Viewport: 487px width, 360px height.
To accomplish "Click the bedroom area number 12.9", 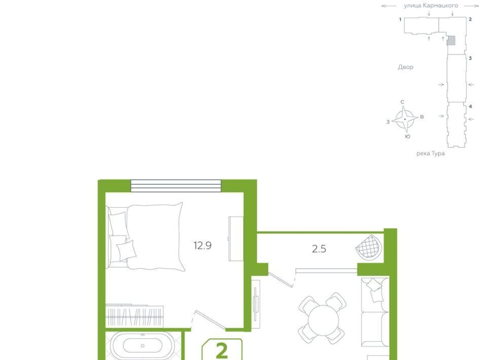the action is point(202,246).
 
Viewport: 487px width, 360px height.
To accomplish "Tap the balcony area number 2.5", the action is point(319,249).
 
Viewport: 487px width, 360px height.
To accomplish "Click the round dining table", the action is point(323,319).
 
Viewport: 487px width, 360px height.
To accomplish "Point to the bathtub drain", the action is point(143,346).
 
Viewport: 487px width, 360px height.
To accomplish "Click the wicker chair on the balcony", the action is point(369,246).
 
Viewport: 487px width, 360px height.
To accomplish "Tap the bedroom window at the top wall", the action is point(176,186).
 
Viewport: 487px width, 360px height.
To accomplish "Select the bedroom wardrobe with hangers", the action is point(134,315).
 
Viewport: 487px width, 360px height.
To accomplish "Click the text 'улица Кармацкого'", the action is point(431,5).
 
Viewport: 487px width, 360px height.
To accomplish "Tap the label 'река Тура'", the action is point(430,153).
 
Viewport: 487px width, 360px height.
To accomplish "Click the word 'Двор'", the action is point(406,67).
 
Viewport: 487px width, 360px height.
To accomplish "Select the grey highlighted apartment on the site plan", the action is point(451,41).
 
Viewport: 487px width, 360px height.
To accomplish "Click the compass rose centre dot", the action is point(405,119).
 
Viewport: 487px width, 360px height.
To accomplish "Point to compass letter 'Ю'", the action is point(408,136).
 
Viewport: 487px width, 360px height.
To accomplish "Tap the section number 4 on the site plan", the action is point(470,106).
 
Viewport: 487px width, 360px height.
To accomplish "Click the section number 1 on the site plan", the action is point(400,20).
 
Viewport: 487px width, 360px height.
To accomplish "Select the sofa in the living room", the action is point(375,312).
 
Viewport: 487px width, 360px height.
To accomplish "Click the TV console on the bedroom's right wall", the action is point(236,239).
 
